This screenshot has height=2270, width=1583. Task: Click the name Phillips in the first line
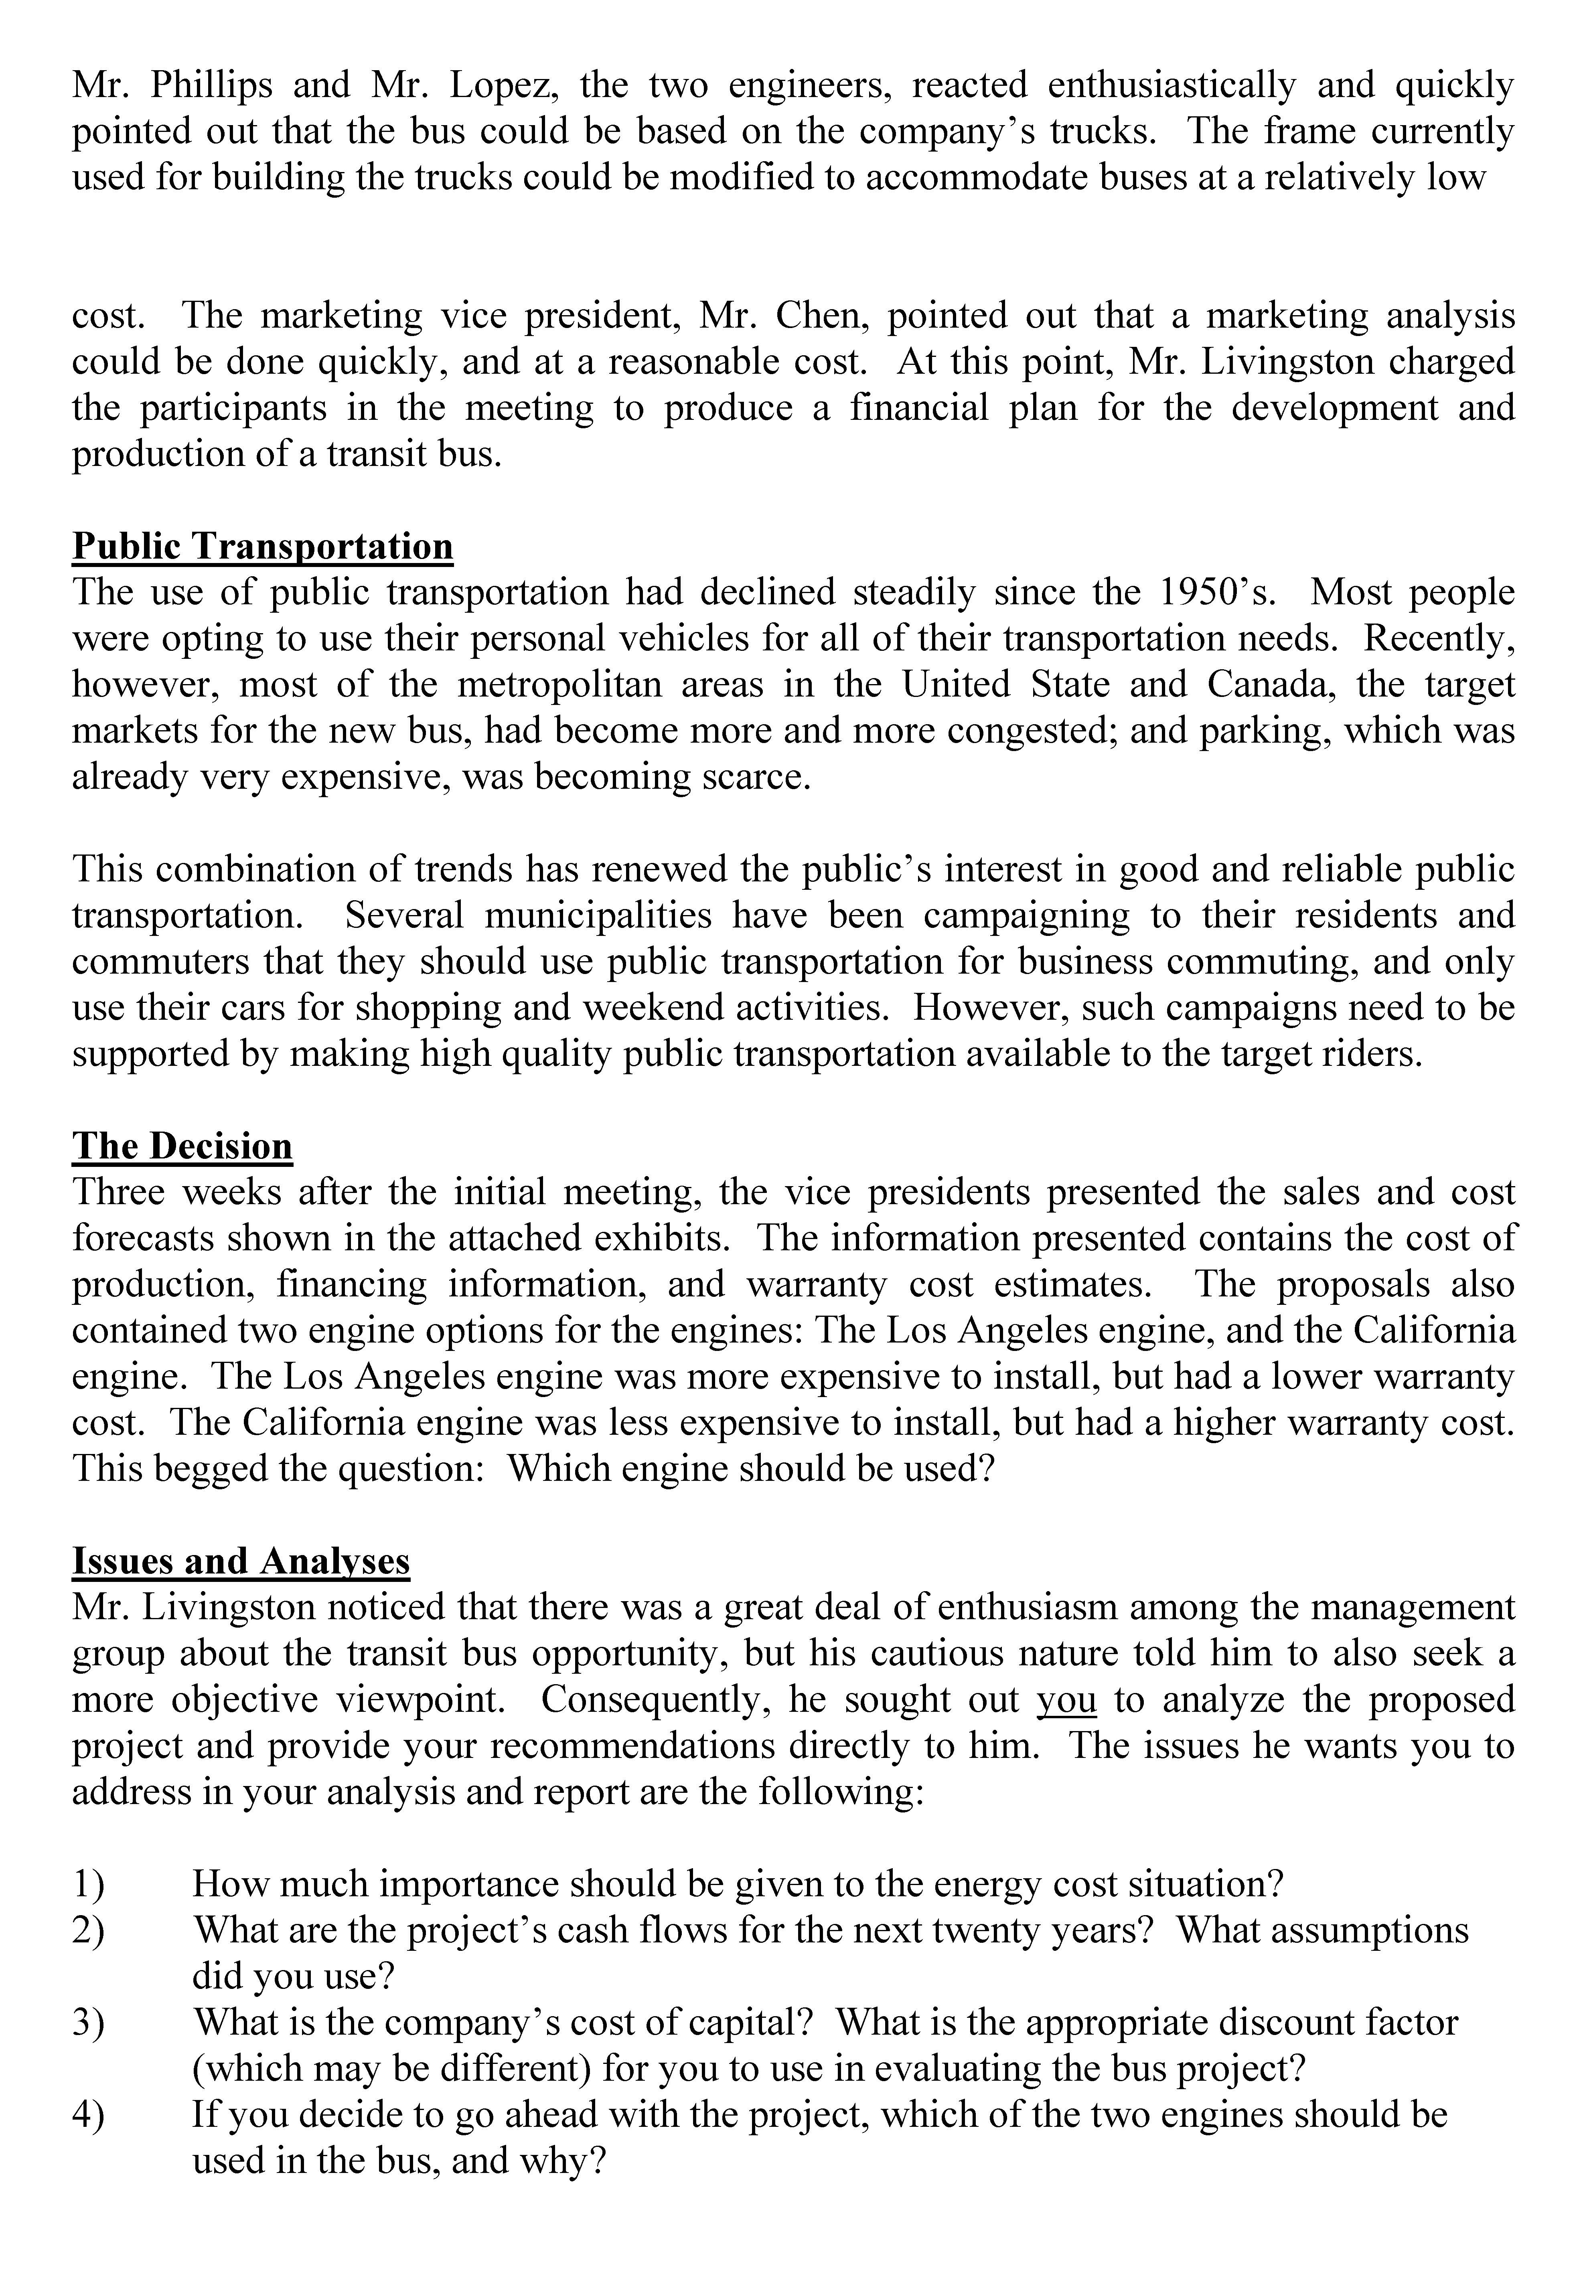211,86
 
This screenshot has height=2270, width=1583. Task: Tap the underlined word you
1066,1699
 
